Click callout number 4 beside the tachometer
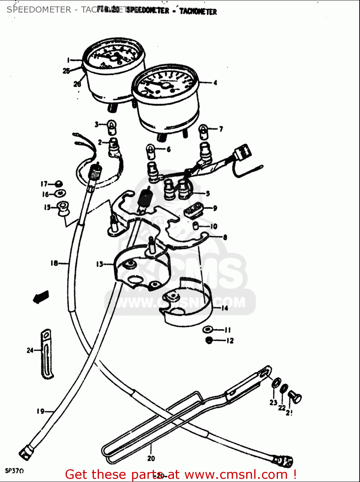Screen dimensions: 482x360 215,83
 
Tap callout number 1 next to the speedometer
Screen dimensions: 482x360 68,60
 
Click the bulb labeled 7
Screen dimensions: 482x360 204,131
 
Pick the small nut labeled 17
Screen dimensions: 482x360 59,184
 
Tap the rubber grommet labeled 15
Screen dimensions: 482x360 62,208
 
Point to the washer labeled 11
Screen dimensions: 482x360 208,330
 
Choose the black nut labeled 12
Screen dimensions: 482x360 209,340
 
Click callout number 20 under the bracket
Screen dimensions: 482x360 151,459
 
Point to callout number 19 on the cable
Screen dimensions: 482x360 40,411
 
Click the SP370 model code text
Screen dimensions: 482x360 14,471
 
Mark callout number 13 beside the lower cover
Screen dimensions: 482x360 99,264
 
